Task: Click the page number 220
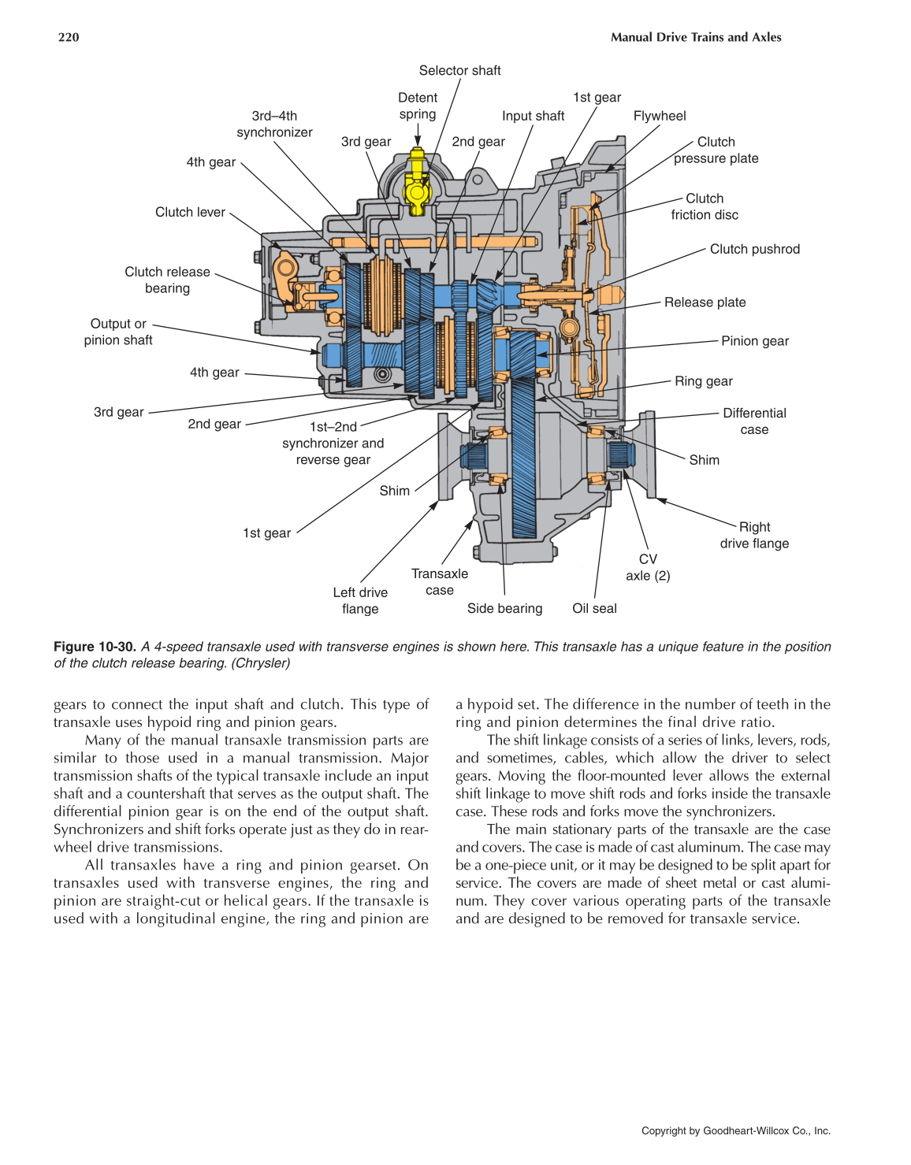[x=69, y=37]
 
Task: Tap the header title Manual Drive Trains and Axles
[x=695, y=37]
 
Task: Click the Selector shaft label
[x=459, y=71]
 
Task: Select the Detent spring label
[x=417, y=106]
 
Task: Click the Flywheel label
[x=659, y=116]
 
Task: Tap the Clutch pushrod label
[x=754, y=249]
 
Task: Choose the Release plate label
[x=705, y=302]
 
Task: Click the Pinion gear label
[x=754, y=341]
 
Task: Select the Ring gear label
[x=703, y=381]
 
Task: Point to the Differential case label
[x=754, y=421]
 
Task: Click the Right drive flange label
[x=754, y=536]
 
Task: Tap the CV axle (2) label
[x=648, y=567]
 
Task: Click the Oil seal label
[x=594, y=608]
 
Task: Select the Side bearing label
[x=504, y=608]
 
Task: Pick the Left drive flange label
[x=360, y=600]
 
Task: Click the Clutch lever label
[x=190, y=212]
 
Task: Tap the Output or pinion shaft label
[x=118, y=332]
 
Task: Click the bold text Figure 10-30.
[x=95, y=647]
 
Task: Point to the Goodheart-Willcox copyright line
[x=735, y=1130]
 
